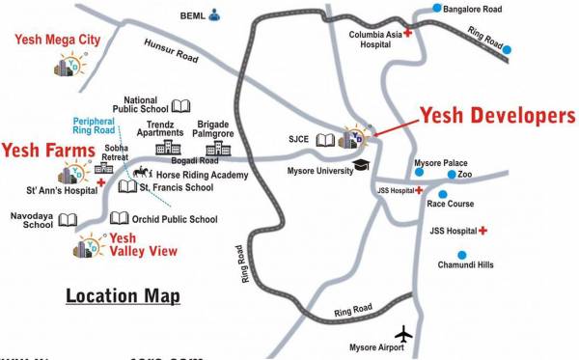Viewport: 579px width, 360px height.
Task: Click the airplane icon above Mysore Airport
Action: (x=404, y=333)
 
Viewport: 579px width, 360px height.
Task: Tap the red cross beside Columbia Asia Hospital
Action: (x=407, y=34)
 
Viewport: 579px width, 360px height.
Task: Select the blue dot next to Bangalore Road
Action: (x=437, y=9)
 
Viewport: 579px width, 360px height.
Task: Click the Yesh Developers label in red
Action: (x=497, y=116)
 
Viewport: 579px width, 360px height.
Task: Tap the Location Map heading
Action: (x=124, y=294)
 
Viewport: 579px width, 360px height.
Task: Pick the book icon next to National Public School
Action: (x=180, y=105)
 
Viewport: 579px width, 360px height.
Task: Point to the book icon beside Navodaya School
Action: (x=67, y=220)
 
